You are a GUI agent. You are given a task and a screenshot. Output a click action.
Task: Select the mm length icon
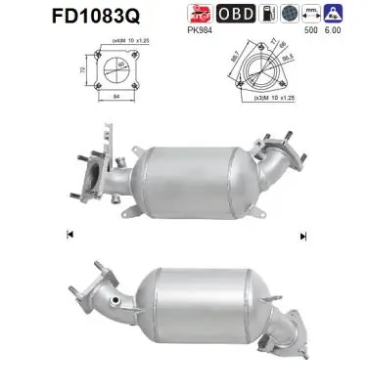[x=315, y=14]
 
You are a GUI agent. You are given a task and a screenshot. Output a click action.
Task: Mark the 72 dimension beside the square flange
[x=82, y=70]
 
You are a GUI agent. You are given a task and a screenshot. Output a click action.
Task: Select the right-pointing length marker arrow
[x=303, y=236]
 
